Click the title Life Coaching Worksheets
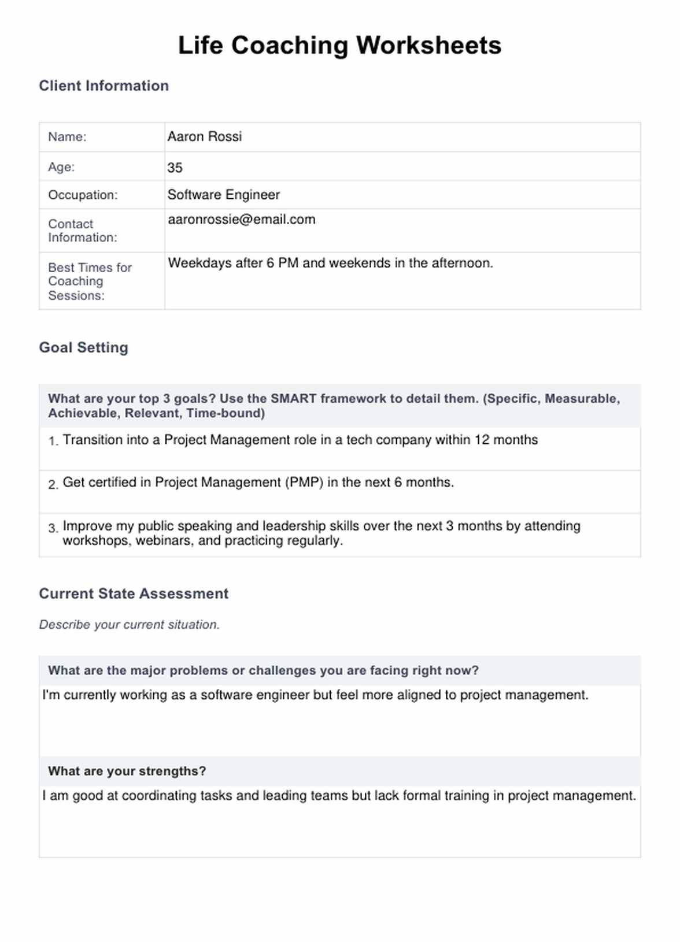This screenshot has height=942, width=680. (x=339, y=46)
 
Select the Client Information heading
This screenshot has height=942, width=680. (x=104, y=86)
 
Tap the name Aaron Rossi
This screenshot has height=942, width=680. (x=204, y=136)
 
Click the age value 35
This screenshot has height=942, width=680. (x=175, y=168)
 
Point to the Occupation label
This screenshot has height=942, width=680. (x=82, y=195)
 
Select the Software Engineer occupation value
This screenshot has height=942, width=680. (x=223, y=195)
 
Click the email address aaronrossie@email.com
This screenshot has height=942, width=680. (x=241, y=220)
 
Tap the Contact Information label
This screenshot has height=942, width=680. (x=82, y=231)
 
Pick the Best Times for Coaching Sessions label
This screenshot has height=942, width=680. (x=89, y=281)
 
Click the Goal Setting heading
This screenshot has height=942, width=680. (x=83, y=347)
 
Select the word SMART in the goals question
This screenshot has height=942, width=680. (x=294, y=399)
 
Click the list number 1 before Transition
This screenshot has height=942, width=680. (x=53, y=442)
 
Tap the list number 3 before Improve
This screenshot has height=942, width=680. (x=53, y=528)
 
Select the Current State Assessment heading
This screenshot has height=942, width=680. (x=134, y=594)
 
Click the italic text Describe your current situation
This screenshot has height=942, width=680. (x=129, y=625)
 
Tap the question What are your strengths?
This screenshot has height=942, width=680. (x=127, y=771)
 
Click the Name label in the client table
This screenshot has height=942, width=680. (x=67, y=137)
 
